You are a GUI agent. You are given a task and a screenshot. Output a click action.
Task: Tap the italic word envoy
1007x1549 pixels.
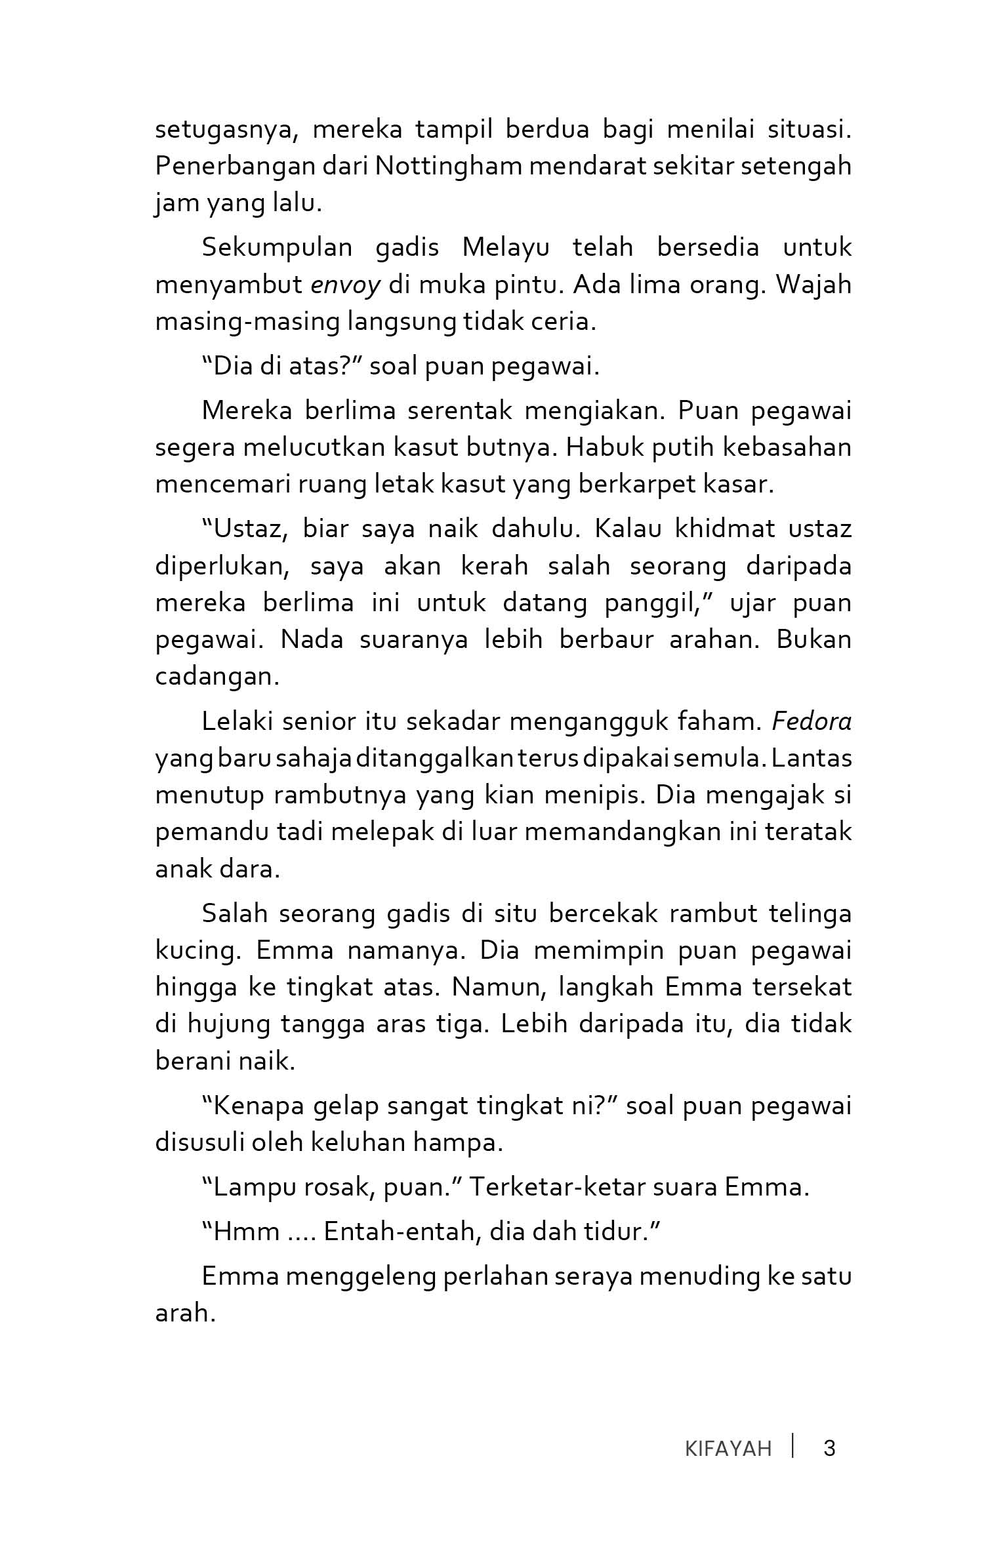[345, 286]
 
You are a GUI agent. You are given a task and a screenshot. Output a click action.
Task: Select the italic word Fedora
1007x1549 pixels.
[812, 721]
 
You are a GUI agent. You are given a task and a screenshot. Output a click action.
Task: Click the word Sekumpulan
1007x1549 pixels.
[277, 248]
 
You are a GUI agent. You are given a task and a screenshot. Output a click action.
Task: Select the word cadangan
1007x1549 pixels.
[217, 676]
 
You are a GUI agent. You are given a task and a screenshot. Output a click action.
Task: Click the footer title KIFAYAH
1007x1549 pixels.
[728, 1448]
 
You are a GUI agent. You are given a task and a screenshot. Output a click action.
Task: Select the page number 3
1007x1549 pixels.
[829, 1447]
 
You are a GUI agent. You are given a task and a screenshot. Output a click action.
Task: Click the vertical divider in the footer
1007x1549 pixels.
[793, 1446]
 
